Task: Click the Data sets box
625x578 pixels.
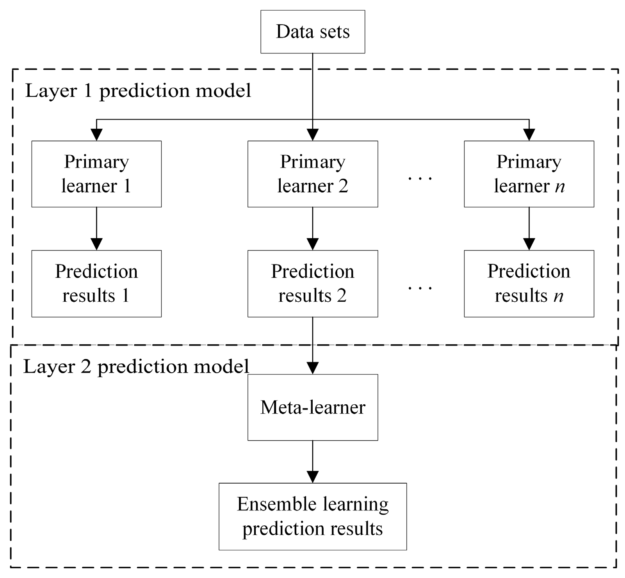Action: point(313,32)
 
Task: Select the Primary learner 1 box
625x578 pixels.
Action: point(96,174)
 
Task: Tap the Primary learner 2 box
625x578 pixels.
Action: point(313,174)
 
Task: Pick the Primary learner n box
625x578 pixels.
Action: point(529,174)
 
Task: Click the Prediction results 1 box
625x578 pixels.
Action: point(96,283)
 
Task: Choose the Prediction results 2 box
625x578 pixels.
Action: point(313,283)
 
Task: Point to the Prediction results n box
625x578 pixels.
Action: point(529,283)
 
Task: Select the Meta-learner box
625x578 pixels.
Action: point(313,407)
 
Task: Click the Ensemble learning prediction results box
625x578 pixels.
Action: point(313,516)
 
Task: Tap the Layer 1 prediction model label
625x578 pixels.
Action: point(138,91)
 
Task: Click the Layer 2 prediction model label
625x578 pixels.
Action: point(136,367)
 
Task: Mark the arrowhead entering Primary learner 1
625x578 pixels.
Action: point(96,135)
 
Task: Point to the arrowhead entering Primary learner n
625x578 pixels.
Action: point(529,135)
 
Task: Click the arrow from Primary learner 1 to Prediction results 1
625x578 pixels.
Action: point(96,228)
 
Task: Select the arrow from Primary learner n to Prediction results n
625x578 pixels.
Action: point(529,228)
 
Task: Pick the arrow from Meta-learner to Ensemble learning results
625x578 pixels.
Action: point(313,461)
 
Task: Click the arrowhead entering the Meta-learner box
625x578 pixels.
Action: point(313,368)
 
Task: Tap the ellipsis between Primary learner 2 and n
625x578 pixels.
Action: point(420,178)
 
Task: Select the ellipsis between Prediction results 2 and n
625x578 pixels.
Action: point(420,288)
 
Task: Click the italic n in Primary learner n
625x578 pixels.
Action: point(560,187)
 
